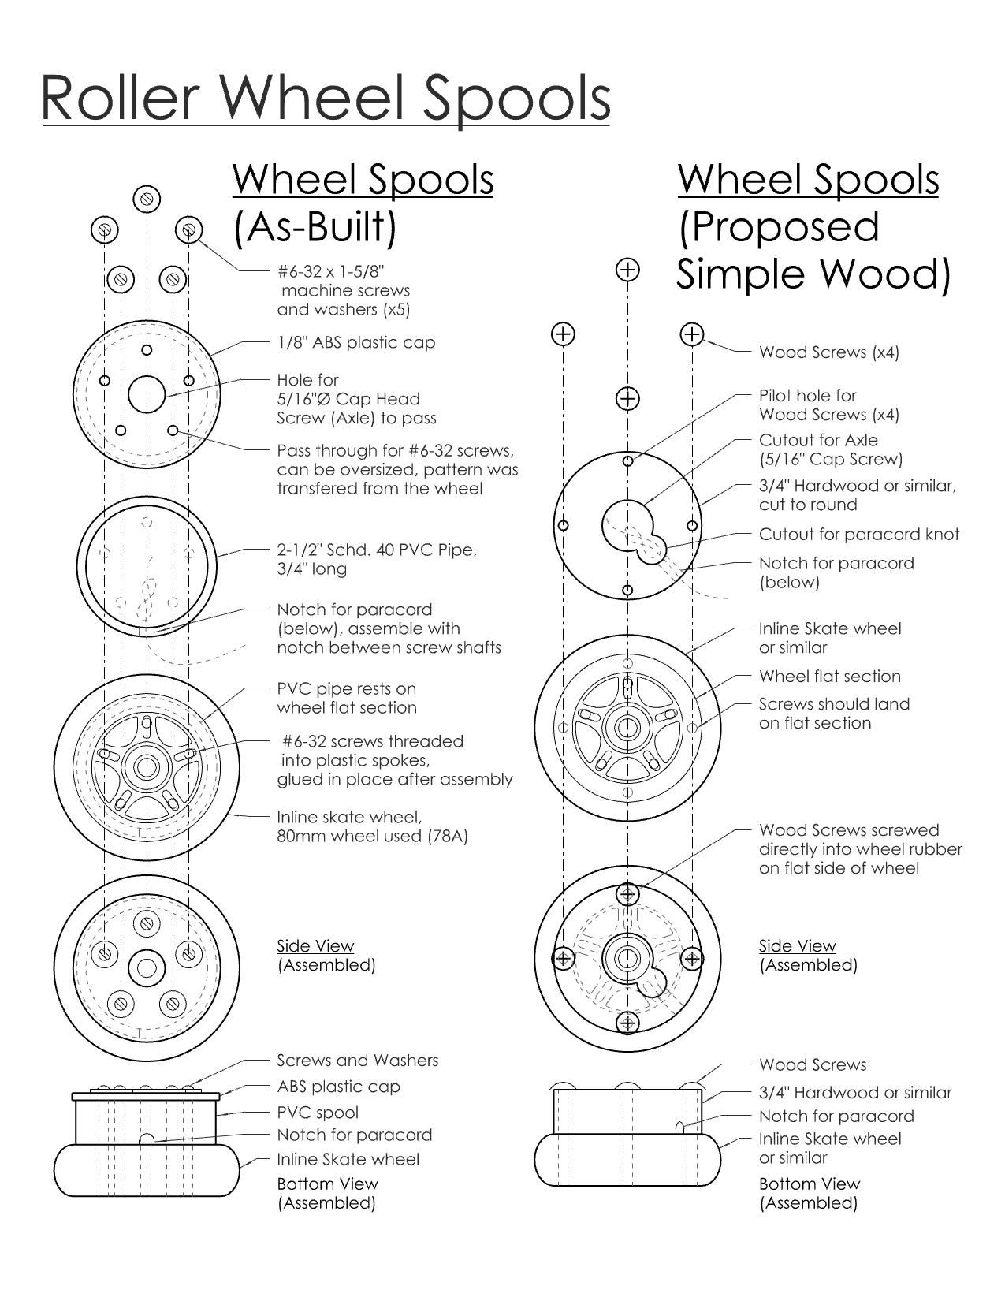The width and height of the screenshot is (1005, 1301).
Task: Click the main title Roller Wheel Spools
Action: tap(326, 99)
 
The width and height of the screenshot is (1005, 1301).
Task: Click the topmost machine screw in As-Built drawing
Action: tap(147, 198)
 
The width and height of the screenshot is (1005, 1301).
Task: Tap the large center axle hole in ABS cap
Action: tap(147, 393)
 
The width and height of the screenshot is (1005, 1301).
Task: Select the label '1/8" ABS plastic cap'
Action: tap(355, 343)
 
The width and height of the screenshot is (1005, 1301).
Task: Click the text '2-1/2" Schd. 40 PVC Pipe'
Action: tap(377, 550)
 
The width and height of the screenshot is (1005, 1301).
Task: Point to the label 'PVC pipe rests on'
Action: tap(346, 688)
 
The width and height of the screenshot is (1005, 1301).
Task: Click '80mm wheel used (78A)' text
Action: tap(372, 836)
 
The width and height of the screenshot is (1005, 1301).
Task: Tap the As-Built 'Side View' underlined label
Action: tap(315, 945)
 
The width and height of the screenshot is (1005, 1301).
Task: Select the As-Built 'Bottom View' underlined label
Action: tap(327, 1184)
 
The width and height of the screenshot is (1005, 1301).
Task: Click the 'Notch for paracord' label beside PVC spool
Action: tap(354, 1135)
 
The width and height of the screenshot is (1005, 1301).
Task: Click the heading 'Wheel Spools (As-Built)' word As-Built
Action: tap(315, 227)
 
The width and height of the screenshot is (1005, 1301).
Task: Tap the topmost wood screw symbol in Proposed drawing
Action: tap(627, 270)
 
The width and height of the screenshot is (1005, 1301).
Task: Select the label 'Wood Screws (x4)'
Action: tap(828, 352)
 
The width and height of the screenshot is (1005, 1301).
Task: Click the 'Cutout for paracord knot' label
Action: tap(858, 535)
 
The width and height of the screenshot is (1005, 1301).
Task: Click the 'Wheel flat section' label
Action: tap(829, 677)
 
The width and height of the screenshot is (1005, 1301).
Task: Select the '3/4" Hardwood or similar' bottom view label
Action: tap(855, 1093)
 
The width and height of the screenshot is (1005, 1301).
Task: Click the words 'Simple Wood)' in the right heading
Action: tap(813, 274)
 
